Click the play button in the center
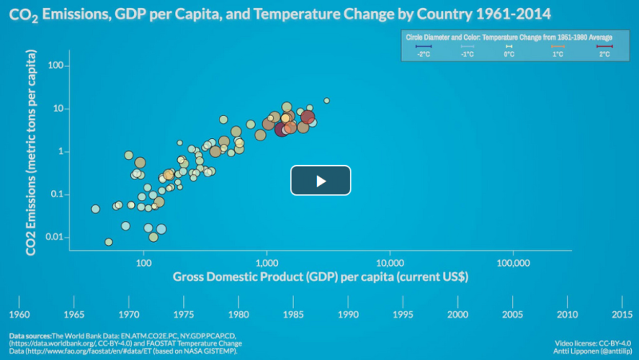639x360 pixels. click(320, 181)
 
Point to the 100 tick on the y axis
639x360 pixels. click(54, 65)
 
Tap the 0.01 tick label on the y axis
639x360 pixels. click(52, 237)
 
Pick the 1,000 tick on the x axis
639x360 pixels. click(266, 263)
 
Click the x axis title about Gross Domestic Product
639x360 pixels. click(319, 277)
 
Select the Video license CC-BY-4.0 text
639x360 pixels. click(593, 343)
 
